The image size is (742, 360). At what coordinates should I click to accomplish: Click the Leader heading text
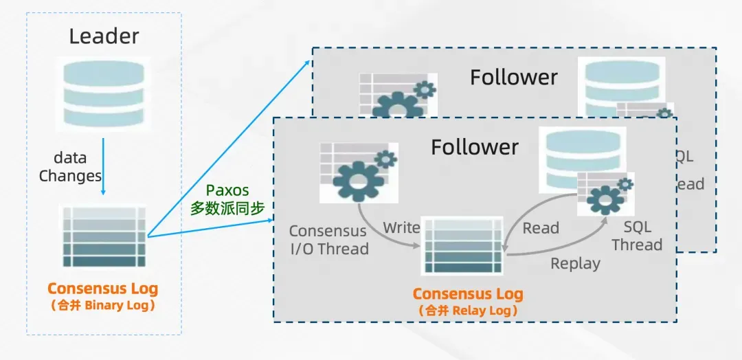(x=104, y=36)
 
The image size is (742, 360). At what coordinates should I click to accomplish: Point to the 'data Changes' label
(x=70, y=167)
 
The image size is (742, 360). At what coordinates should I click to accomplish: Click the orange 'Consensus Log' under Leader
(x=103, y=289)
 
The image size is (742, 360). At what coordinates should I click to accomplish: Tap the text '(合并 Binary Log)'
(x=103, y=306)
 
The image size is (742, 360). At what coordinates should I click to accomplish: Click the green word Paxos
(x=227, y=190)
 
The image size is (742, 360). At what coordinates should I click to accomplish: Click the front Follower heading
(x=475, y=147)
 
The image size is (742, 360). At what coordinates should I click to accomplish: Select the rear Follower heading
(x=514, y=78)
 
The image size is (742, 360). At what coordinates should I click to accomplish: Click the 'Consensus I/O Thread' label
(x=328, y=240)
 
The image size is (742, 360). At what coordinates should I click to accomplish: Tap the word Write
(x=401, y=227)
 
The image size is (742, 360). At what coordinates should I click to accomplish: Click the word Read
(x=541, y=228)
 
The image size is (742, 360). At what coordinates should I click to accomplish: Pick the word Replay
(x=575, y=263)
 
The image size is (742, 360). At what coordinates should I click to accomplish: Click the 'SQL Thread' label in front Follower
(x=637, y=236)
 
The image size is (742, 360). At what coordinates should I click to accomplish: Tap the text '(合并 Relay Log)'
(x=468, y=311)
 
